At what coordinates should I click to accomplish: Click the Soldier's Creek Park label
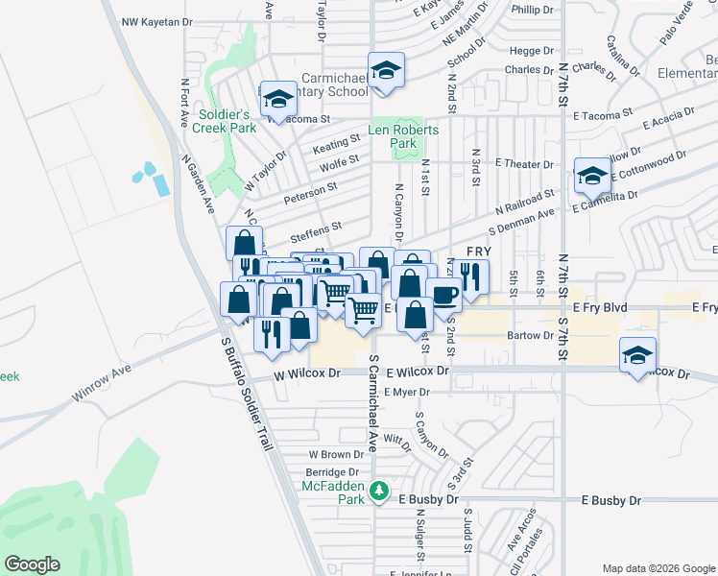point(224,120)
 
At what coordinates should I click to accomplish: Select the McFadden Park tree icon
point(380,490)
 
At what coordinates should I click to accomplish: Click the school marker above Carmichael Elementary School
point(386,71)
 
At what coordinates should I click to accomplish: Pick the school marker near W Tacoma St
point(278,99)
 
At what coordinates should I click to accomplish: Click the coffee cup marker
point(443,294)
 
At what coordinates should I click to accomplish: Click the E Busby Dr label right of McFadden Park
point(610,501)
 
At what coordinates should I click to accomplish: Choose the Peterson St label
point(310,200)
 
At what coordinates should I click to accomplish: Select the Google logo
point(34,564)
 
